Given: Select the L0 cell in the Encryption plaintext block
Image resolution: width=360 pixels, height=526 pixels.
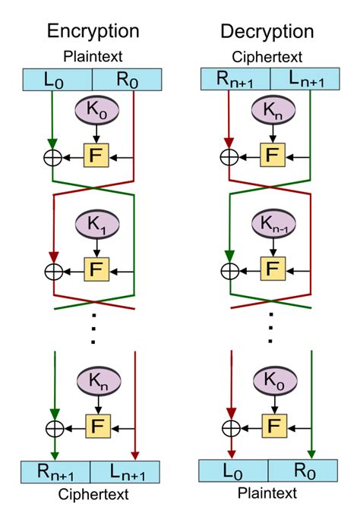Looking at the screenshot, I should pos(57,79).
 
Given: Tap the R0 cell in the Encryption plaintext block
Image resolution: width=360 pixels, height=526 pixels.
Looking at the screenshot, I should pos(127,79).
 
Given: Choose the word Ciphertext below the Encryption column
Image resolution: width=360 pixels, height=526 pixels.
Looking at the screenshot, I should pos(93,495).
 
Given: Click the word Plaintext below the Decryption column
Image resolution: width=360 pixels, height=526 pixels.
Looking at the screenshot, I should pos(268,495).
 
